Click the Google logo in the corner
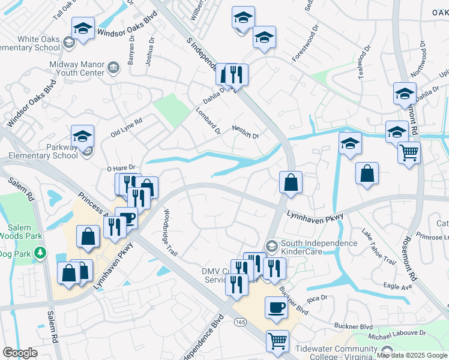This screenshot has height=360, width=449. coord(20,353)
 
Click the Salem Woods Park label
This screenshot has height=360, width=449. coord(24,233)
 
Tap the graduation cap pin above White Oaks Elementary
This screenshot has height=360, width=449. coord(83,29)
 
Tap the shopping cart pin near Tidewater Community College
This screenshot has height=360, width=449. coord(277,340)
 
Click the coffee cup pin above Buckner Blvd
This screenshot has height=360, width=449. coord(276,307)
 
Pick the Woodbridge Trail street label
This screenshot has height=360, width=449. coord(167,231)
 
